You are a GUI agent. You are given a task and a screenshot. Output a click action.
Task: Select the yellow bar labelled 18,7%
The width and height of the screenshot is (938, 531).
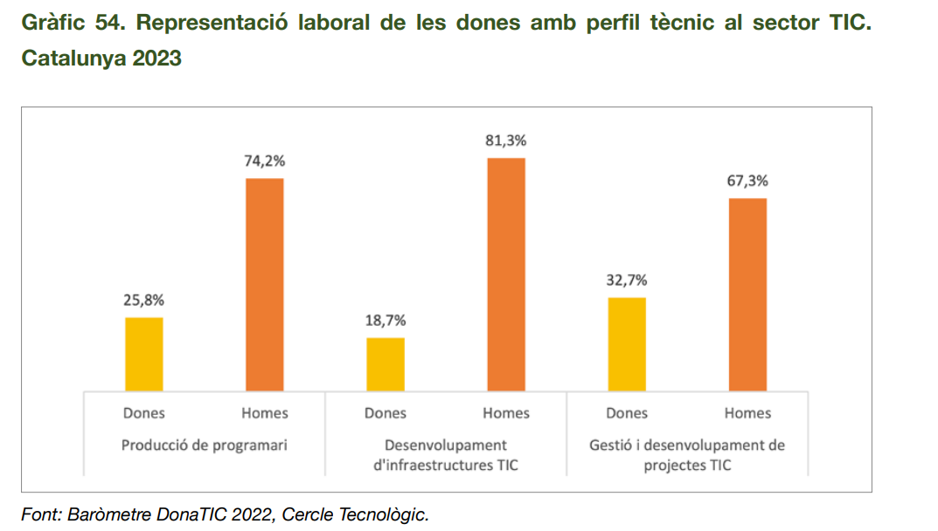[386, 363]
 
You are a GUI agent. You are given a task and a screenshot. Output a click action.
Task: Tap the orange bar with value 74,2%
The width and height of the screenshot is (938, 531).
[265, 284]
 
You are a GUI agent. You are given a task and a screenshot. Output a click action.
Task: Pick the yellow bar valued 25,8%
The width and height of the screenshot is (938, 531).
[144, 353]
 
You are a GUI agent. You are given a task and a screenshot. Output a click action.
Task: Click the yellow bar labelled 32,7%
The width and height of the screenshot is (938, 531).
[627, 343]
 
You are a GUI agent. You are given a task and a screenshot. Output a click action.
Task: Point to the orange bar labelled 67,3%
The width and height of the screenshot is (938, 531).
[747, 293]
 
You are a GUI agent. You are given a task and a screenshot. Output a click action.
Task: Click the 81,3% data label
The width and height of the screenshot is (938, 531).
[506, 141]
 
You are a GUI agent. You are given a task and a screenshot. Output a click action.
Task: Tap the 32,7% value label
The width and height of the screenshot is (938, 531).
[627, 280]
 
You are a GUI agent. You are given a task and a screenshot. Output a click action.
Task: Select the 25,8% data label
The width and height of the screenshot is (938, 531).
[144, 300]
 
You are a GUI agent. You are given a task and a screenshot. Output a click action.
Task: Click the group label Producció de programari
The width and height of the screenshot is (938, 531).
[204, 445]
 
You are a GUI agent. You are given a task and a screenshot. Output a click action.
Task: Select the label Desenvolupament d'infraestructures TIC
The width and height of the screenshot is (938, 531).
[446, 455]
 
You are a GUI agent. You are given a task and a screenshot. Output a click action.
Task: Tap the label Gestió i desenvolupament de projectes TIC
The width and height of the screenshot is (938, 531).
[687, 455]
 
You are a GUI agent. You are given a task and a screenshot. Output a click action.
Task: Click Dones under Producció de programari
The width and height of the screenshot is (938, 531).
[144, 413]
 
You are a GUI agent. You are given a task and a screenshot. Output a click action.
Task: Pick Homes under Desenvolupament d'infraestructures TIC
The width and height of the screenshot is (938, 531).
[506, 413]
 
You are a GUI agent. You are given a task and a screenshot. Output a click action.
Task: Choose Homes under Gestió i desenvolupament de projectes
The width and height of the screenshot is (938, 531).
[747, 413]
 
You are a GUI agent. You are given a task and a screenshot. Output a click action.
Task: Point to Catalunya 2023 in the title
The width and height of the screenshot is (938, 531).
[101, 59]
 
